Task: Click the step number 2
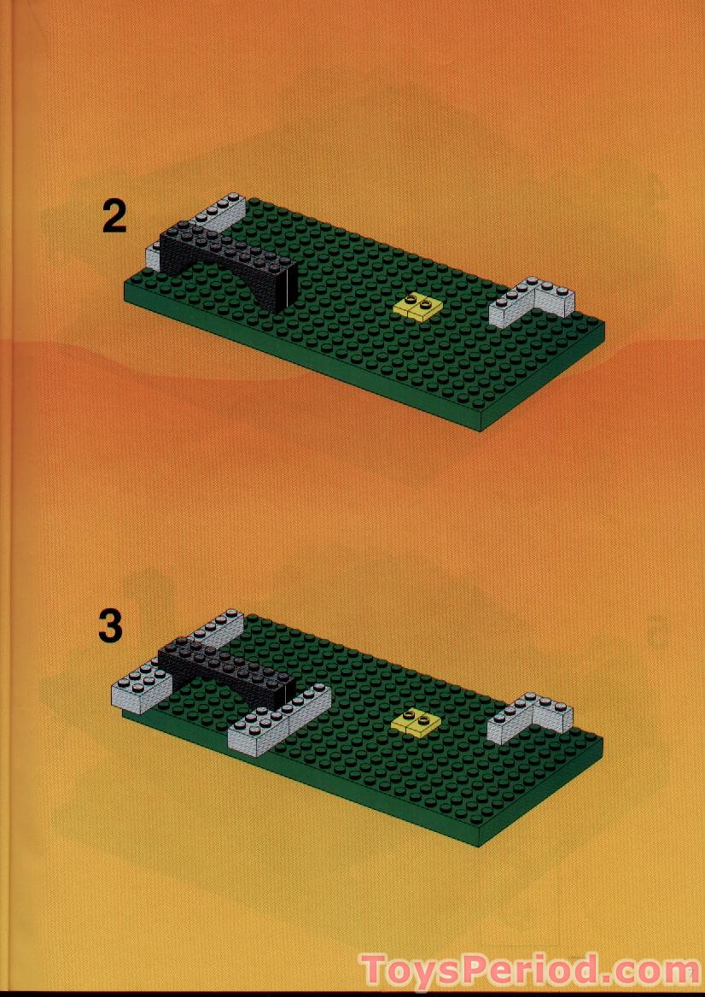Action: coord(114,216)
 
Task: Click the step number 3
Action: coord(110,626)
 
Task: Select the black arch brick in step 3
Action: coord(226,672)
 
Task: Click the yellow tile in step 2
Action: coord(417,306)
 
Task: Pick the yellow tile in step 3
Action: coord(416,722)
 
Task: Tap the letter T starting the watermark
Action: coord(373,971)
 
